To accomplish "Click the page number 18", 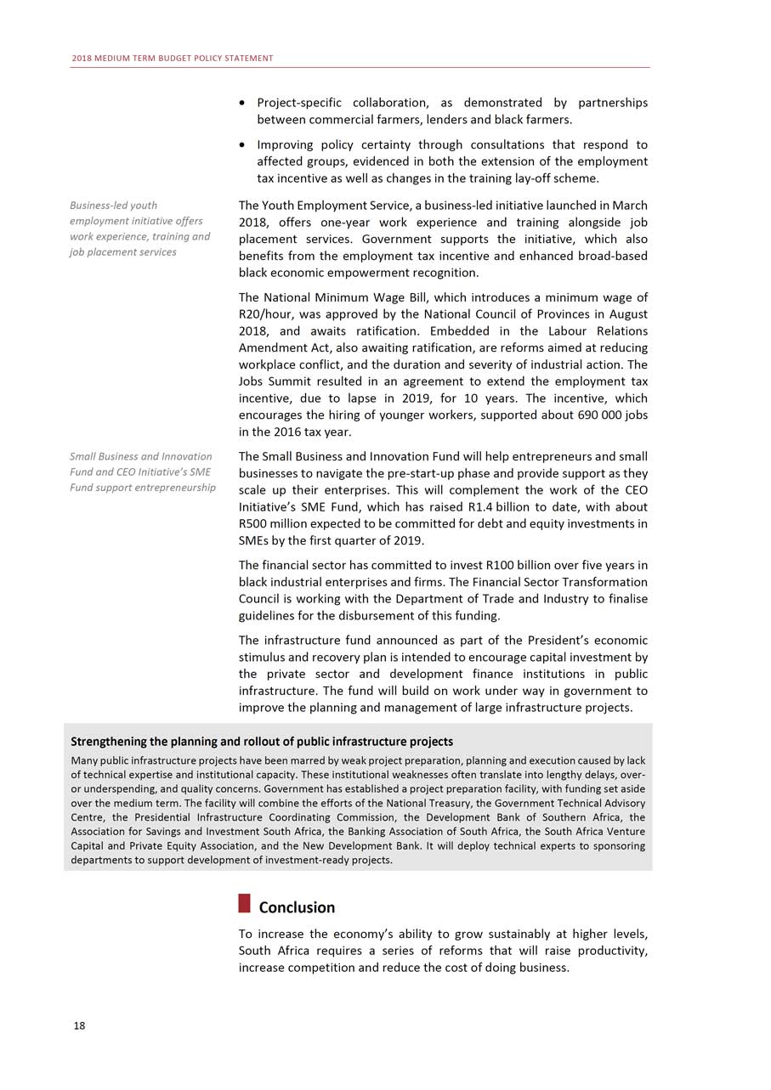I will point(79,1025).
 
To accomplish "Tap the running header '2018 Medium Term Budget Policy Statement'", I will point(172,58).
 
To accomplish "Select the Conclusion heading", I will point(297,907).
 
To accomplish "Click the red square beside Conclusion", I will point(245,902).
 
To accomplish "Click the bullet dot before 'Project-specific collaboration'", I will point(244,104).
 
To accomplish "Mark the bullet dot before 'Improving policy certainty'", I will point(244,145).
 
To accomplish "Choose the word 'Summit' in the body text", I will point(294,381).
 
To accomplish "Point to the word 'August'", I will point(626,314).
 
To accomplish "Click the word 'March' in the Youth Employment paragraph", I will point(629,206).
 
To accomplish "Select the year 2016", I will point(292,432).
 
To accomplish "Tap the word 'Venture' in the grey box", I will point(624,831).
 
